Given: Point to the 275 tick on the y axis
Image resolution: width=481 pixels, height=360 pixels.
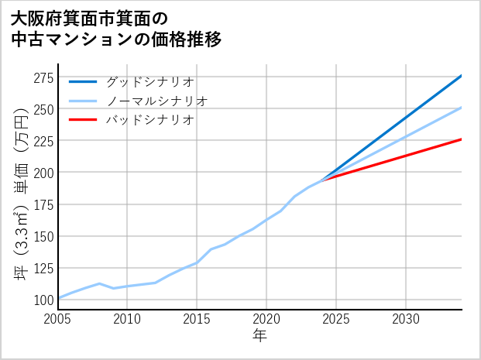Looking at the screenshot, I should pyautogui.click(x=43, y=77).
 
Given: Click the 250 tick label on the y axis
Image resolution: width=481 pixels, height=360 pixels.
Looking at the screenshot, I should pyautogui.click(x=43, y=109).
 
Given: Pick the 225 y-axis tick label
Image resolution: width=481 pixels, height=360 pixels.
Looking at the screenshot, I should pyautogui.click(x=43, y=141).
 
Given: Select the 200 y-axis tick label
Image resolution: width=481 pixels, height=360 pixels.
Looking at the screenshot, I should pyautogui.click(x=43, y=173).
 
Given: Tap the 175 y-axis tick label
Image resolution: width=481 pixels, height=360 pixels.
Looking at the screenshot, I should pyautogui.click(x=43, y=204).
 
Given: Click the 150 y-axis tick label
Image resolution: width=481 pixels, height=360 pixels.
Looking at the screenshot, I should pyautogui.click(x=43, y=236).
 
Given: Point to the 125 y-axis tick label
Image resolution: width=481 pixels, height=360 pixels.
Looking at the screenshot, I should pyautogui.click(x=43, y=268).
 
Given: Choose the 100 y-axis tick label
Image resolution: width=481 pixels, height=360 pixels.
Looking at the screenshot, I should pyautogui.click(x=43, y=300).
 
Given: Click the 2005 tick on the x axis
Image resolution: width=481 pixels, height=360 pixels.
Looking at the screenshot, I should pyautogui.click(x=58, y=319).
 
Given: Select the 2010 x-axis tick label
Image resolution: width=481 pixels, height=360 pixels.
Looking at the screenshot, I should pyautogui.click(x=128, y=319).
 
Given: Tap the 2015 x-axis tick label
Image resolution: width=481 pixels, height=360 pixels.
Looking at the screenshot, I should pyautogui.click(x=197, y=319).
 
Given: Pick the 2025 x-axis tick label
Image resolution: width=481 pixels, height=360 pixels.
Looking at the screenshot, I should pyautogui.click(x=336, y=319).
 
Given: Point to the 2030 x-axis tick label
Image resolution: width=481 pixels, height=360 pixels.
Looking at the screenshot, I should pyautogui.click(x=406, y=319).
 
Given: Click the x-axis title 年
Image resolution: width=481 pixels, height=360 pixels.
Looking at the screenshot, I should pyautogui.click(x=260, y=336).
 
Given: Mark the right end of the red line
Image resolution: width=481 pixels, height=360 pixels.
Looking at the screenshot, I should pyautogui.click(x=461, y=139).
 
